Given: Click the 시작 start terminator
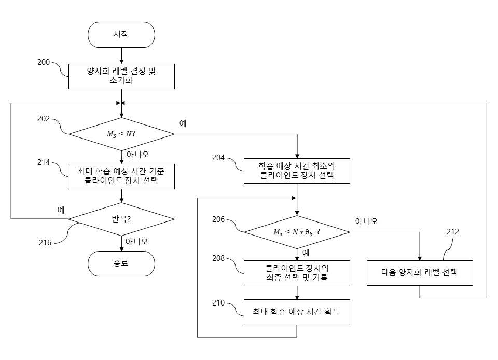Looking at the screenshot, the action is tap(121, 35).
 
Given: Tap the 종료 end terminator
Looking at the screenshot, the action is tap(121, 264).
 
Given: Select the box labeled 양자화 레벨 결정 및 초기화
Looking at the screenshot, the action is tap(121, 76).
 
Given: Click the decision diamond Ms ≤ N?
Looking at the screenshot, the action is tap(121, 134).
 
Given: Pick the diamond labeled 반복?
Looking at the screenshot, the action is tap(121, 219).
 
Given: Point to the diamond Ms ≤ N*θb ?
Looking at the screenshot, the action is tap(297, 232).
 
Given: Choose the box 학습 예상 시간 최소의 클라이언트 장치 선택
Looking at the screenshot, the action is tap(297, 171).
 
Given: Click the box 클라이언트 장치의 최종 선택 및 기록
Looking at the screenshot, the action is tap(297, 273).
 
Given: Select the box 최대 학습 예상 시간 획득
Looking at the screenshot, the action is tap(297, 312).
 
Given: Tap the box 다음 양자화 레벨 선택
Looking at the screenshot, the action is tap(420, 273).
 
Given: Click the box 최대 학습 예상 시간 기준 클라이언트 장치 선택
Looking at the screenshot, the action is tap(121, 176).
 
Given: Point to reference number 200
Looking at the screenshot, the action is tap(44, 62).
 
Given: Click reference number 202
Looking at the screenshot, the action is tap(44, 119).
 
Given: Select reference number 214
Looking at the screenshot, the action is tap(44, 162).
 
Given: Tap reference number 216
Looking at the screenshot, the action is tap(45, 243).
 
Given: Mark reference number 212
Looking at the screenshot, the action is tap(452, 232).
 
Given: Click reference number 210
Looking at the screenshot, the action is tap(218, 303).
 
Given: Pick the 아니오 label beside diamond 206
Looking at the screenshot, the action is tap(367, 221).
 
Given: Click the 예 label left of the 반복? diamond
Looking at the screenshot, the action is tap(61, 210).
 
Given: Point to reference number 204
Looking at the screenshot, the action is tap(218, 158).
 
